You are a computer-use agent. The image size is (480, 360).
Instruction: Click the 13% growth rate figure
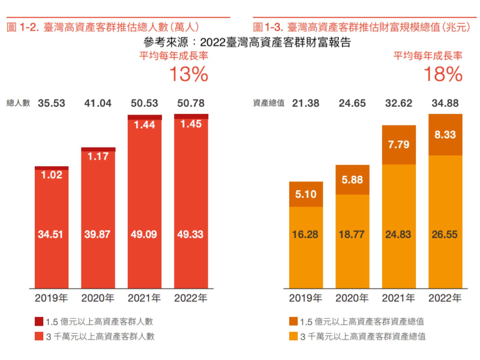188,74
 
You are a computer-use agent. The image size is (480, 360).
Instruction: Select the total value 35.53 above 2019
52,103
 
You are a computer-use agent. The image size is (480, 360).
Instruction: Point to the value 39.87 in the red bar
98,234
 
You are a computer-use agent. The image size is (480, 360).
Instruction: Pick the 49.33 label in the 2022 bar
191,234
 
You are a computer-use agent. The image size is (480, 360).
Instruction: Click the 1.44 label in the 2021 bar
145,125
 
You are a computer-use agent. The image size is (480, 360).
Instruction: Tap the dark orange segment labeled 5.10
306,194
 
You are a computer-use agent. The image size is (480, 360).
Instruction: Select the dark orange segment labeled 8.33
445,135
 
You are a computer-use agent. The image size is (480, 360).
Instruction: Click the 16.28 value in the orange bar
306,234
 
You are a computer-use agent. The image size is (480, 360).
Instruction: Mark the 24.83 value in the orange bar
399,234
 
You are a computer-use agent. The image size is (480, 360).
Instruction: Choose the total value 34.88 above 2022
445,103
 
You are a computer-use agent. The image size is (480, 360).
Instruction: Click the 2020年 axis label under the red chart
98,298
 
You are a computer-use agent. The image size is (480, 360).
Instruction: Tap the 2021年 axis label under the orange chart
399,298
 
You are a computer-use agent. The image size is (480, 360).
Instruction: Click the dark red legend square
38,321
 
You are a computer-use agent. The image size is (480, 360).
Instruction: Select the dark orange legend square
293,321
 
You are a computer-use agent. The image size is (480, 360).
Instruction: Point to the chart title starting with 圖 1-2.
102,27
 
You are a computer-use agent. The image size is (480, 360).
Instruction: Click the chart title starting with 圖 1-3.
358,27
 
